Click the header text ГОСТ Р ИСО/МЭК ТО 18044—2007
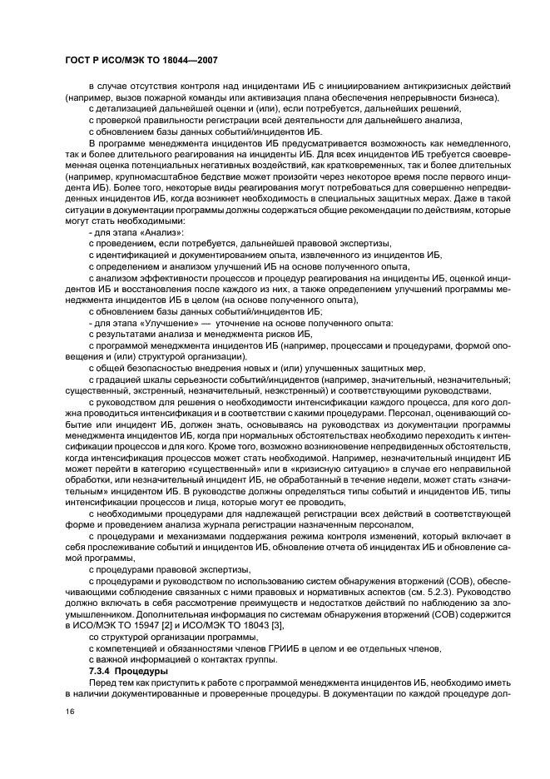click(141, 61)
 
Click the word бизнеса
click(477, 98)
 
